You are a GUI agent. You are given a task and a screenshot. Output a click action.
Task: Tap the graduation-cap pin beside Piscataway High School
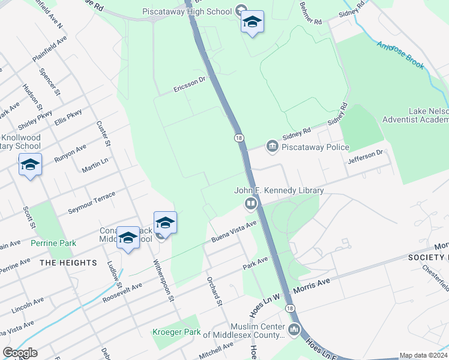pos(252,23)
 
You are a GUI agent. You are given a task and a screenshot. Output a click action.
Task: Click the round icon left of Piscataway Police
pos(272,146)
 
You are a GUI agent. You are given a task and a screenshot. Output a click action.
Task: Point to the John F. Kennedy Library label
pos(279,191)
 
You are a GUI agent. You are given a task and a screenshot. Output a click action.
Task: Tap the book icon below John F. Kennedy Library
pos(250,204)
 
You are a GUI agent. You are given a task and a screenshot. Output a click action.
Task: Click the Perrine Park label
pos(53,243)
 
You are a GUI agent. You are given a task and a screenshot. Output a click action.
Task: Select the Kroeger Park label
pos(176,332)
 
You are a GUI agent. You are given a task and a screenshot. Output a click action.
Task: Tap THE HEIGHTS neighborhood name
pos(68,263)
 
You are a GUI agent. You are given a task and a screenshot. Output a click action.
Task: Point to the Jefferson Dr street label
pos(365,157)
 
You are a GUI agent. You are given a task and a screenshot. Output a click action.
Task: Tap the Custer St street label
pos(103,133)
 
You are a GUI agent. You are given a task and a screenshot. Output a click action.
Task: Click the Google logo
pos(20,352)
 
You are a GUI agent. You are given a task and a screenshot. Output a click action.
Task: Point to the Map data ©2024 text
pos(423,355)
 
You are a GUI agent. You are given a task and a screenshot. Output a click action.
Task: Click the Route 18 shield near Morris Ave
pos(291,308)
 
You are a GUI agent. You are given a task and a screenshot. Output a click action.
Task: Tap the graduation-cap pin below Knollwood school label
pos(30,166)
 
